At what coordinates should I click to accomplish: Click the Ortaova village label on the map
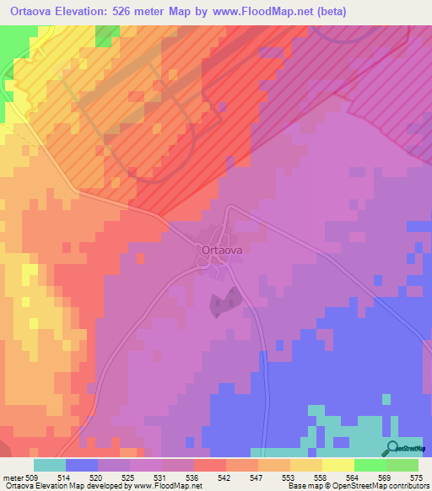point(223,251)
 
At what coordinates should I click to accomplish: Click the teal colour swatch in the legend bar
point(49,466)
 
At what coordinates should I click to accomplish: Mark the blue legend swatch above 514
point(81,466)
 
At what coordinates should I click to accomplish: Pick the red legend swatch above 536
point(209,466)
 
